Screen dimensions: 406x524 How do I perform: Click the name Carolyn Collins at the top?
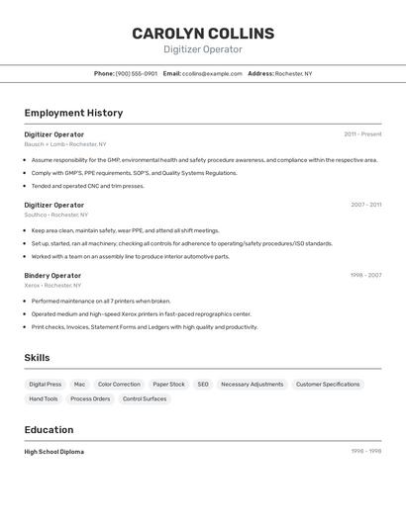[203, 34]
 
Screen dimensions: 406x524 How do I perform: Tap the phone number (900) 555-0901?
[137, 73]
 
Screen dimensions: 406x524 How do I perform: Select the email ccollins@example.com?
[212, 73]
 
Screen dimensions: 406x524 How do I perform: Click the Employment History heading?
[73, 113]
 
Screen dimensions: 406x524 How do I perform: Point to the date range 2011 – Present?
[362, 133]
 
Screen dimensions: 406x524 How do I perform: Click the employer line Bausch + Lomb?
[65, 143]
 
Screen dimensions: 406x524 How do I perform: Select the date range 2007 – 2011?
[365, 205]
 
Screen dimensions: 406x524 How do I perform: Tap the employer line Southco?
[56, 215]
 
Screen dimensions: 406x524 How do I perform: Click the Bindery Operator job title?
[52, 275]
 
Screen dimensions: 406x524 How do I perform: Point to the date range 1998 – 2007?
[365, 275]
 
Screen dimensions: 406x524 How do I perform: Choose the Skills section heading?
[38, 357]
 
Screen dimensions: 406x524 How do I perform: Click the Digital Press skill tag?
[45, 384]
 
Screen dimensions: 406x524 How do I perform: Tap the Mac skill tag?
[79, 384]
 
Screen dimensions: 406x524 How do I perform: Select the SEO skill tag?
[202, 384]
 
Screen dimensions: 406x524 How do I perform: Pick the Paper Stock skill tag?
[168, 384]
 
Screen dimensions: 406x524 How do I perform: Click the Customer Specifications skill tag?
[328, 384]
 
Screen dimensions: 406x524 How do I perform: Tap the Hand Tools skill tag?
[44, 398]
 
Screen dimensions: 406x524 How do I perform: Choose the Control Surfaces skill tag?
[145, 398]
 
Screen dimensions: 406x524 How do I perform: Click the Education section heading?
[49, 430]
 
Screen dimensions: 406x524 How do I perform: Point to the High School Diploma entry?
[54, 451]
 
